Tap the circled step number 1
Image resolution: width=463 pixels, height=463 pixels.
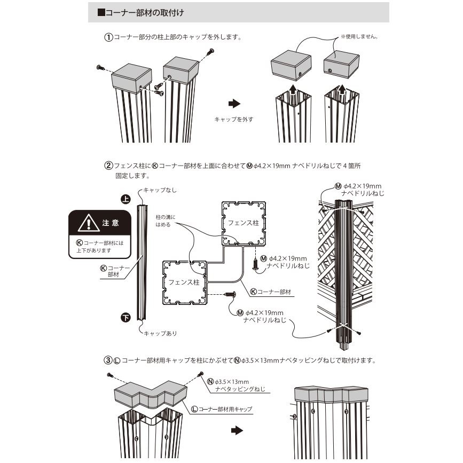point(108,38)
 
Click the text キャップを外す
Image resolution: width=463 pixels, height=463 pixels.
point(233,120)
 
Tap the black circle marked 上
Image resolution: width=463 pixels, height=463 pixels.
point(125,199)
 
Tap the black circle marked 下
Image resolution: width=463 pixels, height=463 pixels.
point(125,317)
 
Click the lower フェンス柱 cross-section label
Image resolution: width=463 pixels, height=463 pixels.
point(184,281)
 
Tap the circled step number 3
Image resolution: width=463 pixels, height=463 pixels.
point(108,360)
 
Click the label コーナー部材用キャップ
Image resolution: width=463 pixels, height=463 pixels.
point(224,409)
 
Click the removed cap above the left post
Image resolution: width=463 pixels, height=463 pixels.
point(291,69)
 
